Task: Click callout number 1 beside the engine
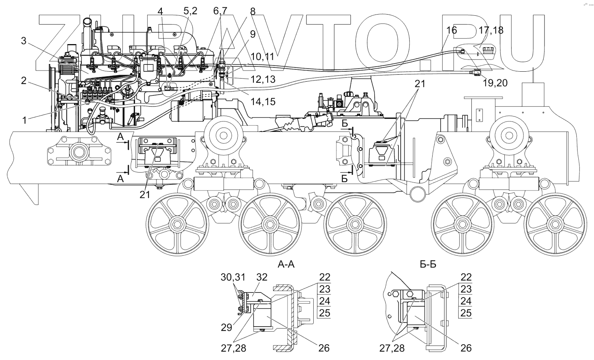25,120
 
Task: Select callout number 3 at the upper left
24,41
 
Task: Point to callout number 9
252,34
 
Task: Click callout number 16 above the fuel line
452,30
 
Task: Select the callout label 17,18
491,30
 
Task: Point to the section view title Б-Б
428,265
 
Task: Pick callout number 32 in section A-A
262,277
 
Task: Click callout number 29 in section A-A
227,327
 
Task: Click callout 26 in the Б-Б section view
466,348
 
